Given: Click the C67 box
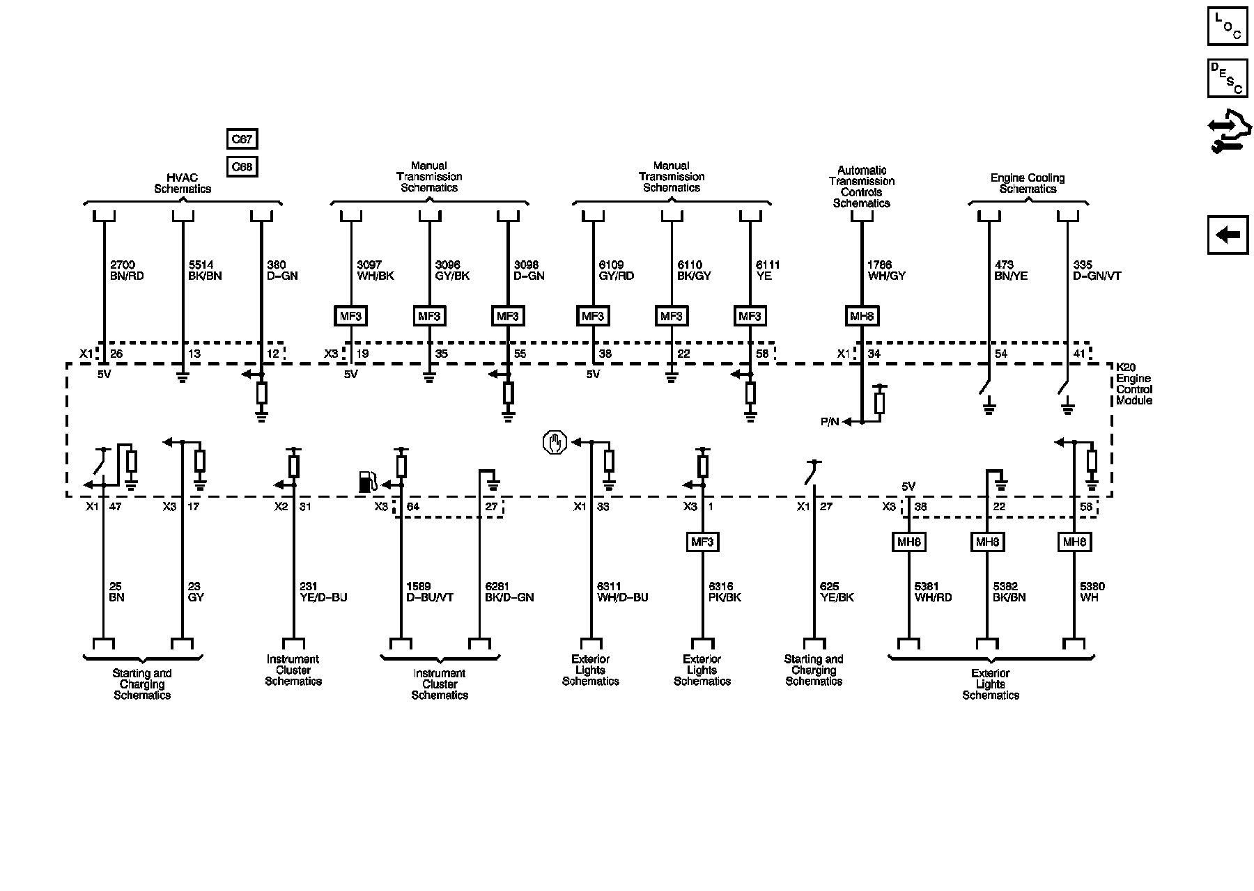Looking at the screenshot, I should [x=242, y=139].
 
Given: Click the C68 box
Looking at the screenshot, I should [x=242, y=167].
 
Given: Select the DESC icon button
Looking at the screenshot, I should [x=1228, y=79].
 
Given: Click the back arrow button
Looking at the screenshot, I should [x=1228, y=235].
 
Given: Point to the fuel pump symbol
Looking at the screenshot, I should [x=368, y=482].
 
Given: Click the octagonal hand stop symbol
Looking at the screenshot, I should [x=555, y=443].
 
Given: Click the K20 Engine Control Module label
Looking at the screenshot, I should [x=1133, y=384].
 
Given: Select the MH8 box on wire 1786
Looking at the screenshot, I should [x=862, y=316].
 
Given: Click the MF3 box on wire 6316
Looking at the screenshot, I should [x=702, y=542].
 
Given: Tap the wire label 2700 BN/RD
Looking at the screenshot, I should [x=127, y=271].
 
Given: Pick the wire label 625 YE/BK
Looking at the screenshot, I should [x=836, y=592].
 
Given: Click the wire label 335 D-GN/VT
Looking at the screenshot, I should [x=1097, y=271].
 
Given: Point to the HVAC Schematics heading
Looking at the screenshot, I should [x=183, y=183].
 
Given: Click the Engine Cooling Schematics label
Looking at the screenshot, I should [x=1028, y=184].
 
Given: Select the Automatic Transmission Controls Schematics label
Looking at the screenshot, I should [x=862, y=187].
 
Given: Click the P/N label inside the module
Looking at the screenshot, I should [x=830, y=422].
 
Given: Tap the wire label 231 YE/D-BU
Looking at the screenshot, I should [x=323, y=592].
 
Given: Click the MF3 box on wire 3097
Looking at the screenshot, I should [x=350, y=316].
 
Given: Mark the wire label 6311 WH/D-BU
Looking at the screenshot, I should [x=622, y=592].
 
